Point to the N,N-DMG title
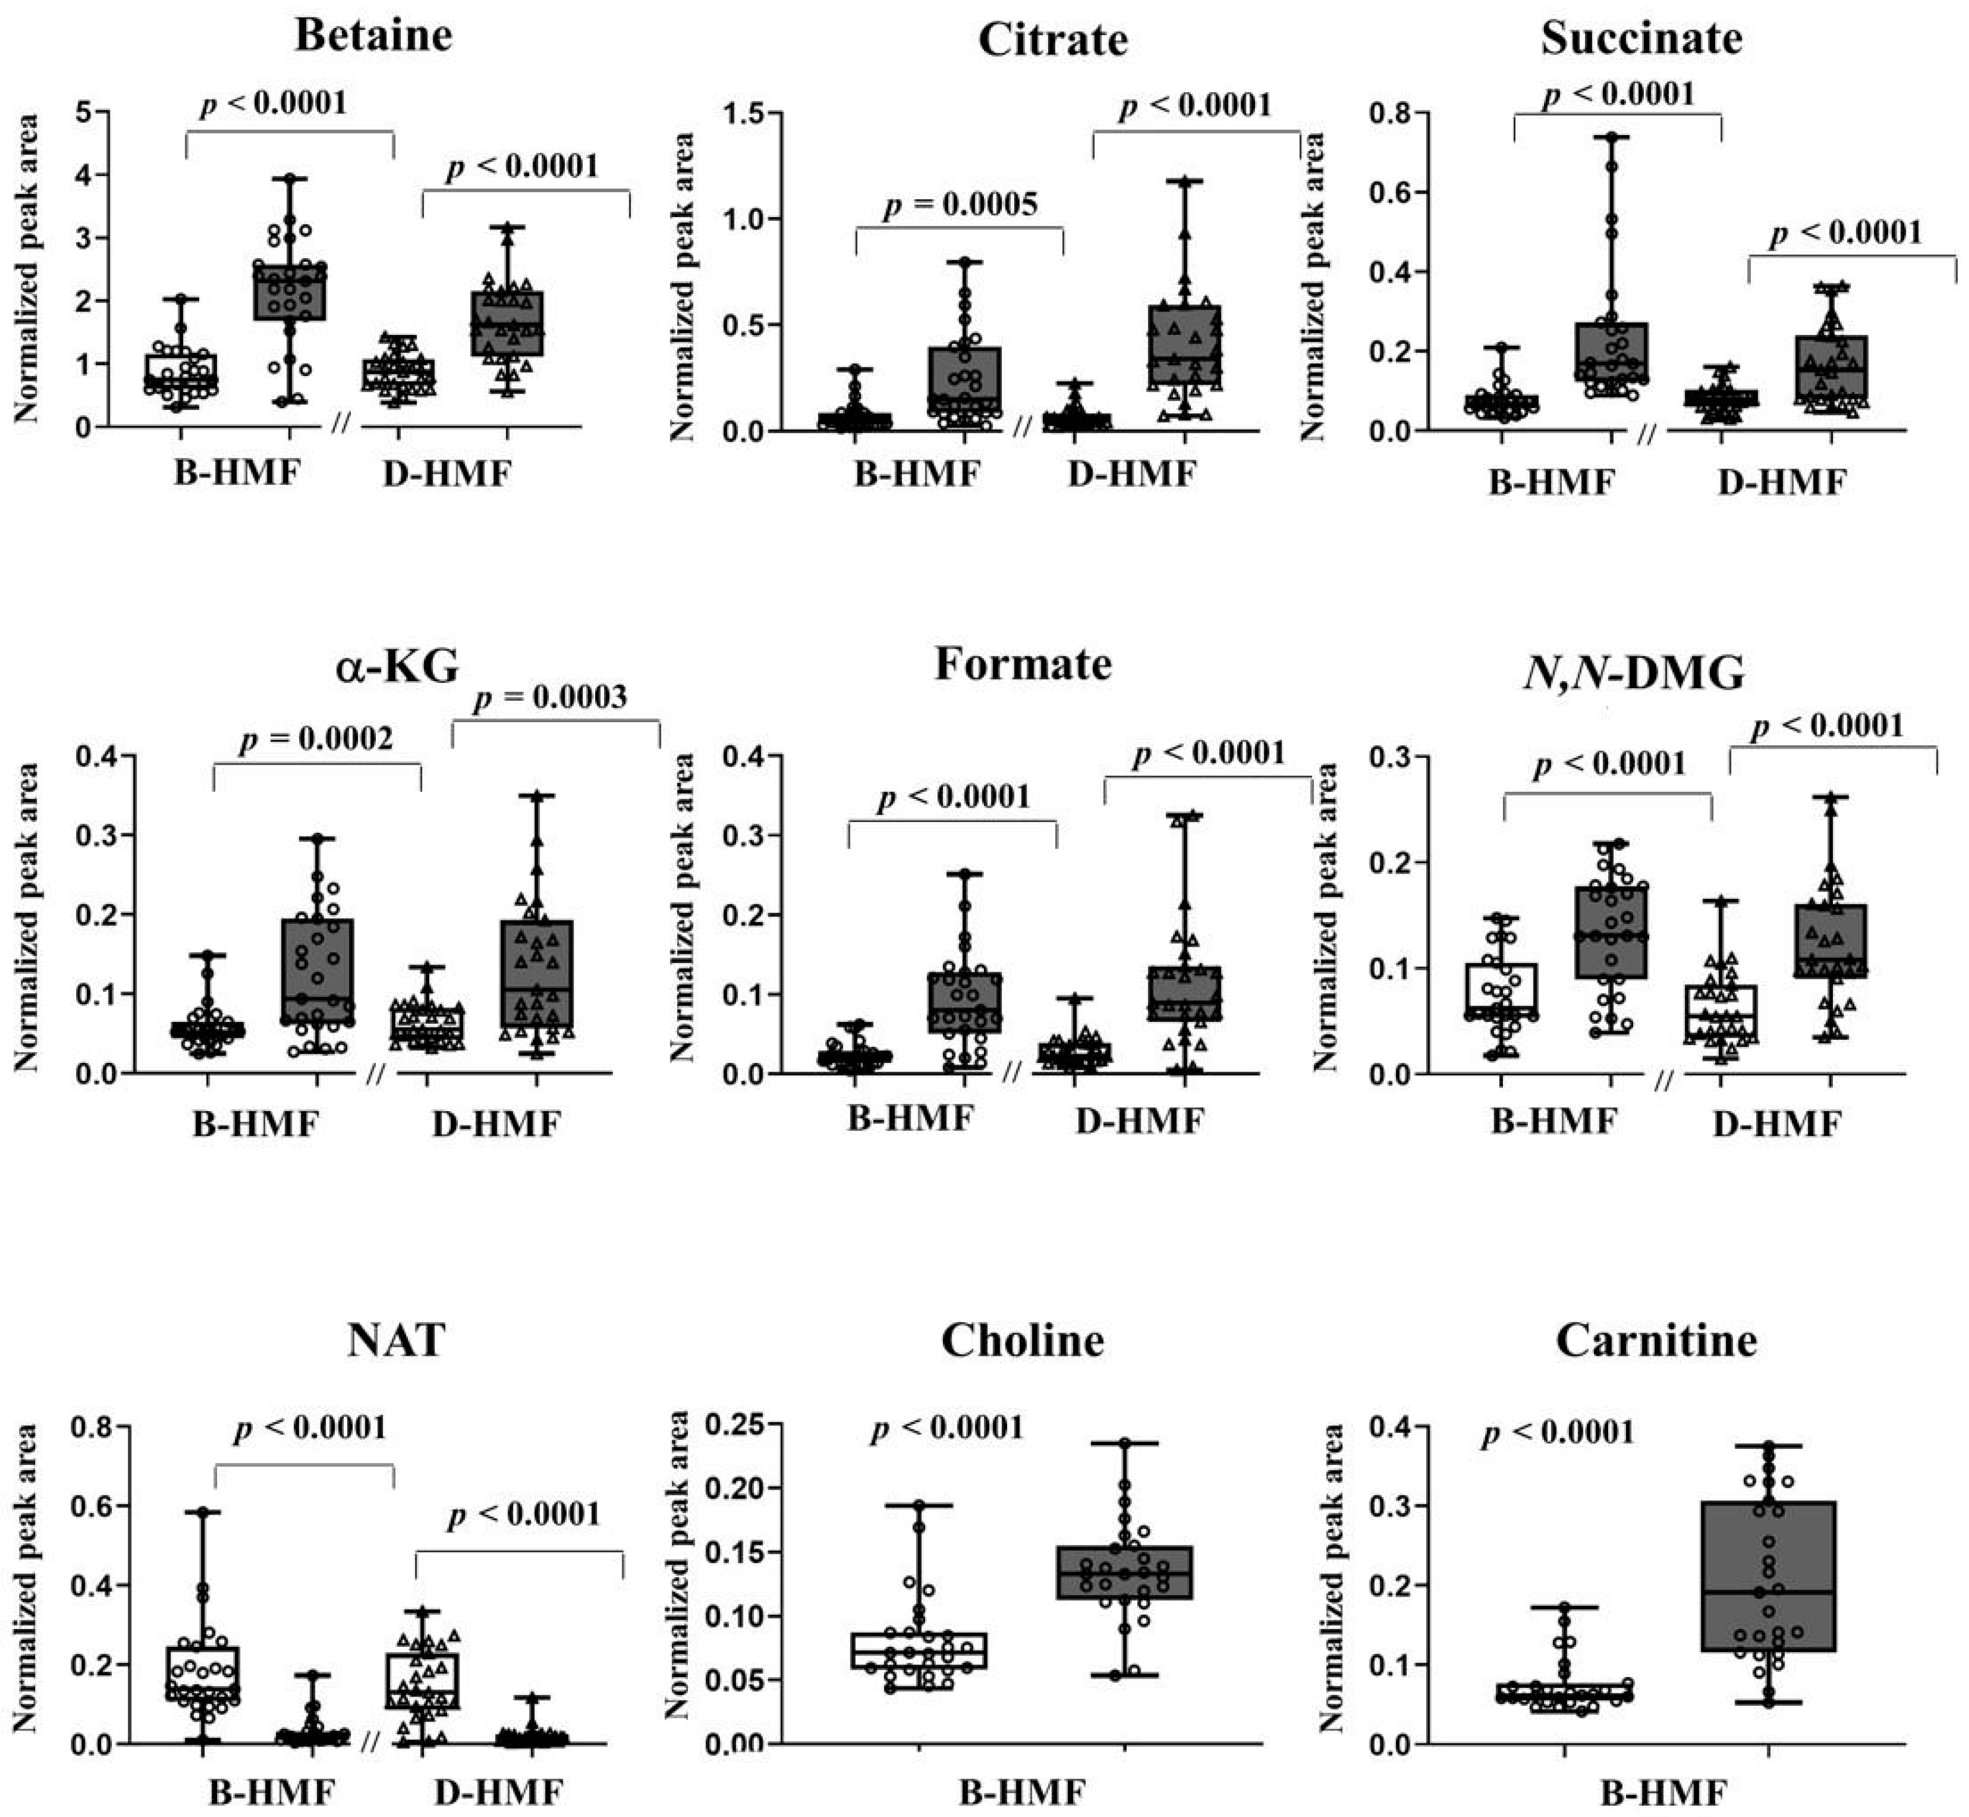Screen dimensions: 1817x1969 coord(1632,674)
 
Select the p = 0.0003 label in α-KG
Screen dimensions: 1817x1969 coord(550,697)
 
